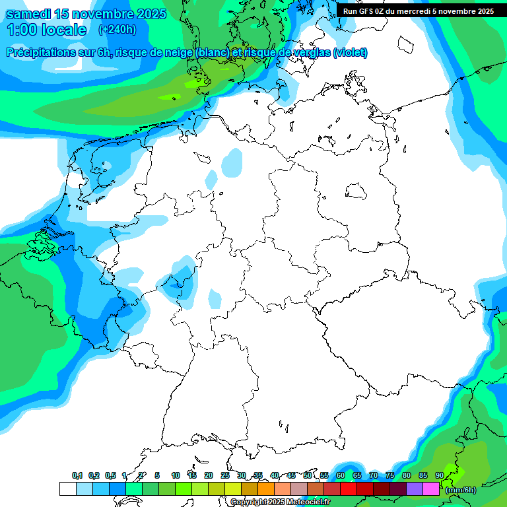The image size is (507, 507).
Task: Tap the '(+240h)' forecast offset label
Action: point(117,30)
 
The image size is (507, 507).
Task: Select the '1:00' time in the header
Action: point(20,30)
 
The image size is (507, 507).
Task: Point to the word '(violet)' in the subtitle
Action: point(351,53)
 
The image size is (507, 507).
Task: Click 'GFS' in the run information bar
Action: point(370,11)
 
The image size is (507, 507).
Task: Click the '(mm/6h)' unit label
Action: point(460,490)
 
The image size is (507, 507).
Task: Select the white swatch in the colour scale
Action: point(67,489)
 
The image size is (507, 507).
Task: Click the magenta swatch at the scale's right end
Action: point(431,489)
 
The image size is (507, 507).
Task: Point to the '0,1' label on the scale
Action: point(77,476)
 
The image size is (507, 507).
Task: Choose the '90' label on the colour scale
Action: point(440,476)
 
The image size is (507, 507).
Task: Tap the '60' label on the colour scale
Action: point(341,476)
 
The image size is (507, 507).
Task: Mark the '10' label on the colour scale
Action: point(176,476)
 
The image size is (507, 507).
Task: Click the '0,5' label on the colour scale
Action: point(110,476)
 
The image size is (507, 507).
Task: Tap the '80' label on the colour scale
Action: point(407,476)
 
